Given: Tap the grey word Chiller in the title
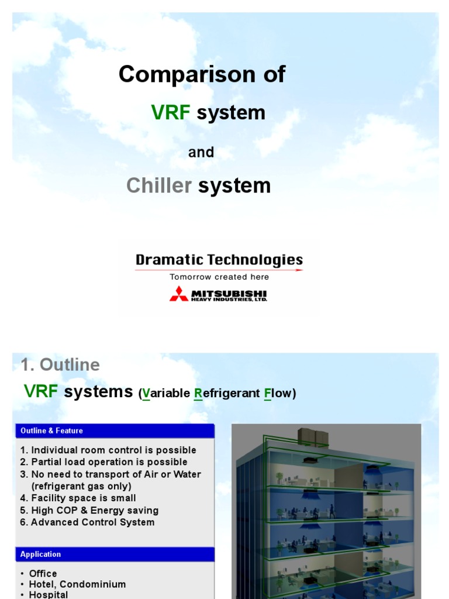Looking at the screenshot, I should click(x=159, y=185).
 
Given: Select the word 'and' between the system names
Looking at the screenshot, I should click(x=201, y=152).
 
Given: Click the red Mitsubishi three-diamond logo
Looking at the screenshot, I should click(x=179, y=294).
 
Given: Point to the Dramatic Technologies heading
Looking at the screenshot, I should click(x=219, y=260).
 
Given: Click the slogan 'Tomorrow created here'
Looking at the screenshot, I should click(x=219, y=277).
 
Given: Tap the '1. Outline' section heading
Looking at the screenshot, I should click(x=60, y=365).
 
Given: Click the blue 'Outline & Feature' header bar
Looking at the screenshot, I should click(x=115, y=431).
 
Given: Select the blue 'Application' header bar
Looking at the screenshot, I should click(x=115, y=554).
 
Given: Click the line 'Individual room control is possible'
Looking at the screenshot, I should click(x=113, y=450).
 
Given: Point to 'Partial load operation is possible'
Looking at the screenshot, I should click(x=109, y=462).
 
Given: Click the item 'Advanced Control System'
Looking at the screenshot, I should click(x=92, y=522).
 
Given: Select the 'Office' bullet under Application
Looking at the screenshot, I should click(x=43, y=573).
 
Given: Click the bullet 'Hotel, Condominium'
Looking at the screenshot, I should click(x=77, y=584).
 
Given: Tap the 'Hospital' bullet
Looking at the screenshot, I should click(x=49, y=594).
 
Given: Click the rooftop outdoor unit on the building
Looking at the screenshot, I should click(x=313, y=436).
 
